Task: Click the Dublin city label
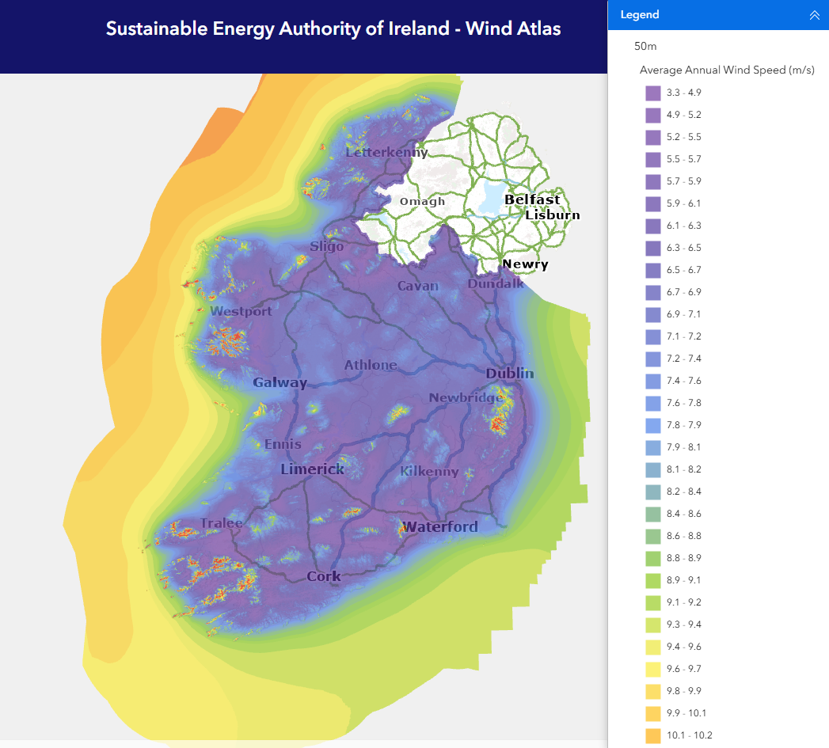pos(510,374)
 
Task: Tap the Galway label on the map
pos(280,383)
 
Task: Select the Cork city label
pos(324,576)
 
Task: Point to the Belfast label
pos(532,199)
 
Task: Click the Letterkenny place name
pos(386,152)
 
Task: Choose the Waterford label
pos(439,527)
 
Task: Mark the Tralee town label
pos(222,523)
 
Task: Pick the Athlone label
pos(371,365)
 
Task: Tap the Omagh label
pos(422,201)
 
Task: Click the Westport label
pos(241,311)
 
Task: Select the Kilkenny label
pos(429,471)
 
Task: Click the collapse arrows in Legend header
pos(814,15)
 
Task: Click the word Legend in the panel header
pos(640,15)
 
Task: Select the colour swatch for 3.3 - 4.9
pos(653,93)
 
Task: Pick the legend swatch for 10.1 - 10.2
pos(653,735)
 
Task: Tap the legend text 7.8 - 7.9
pos(683,425)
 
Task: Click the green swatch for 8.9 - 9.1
pos(653,580)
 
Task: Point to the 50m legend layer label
pos(645,47)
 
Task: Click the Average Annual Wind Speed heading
pos(727,70)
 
